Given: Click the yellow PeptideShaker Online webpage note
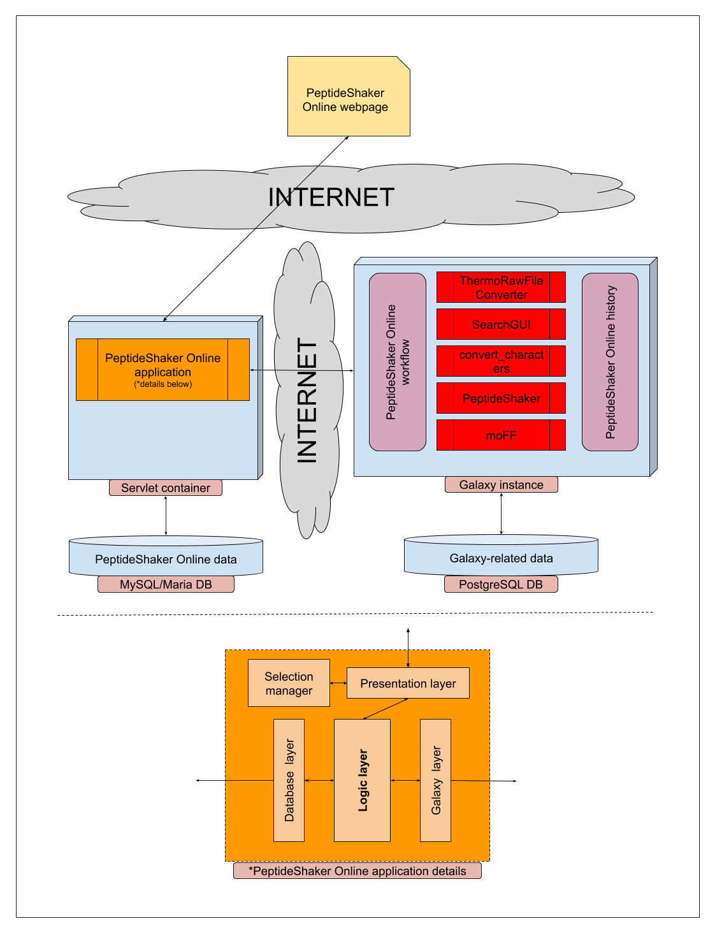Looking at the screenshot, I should [348, 96].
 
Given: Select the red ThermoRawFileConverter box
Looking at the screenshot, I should [501, 287].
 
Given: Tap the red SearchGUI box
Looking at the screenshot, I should [501, 324].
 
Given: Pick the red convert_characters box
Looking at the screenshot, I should [501, 361].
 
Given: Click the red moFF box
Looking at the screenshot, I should [501, 435].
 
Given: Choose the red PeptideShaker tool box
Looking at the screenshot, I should [501, 398].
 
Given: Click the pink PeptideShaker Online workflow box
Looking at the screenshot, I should [398, 362].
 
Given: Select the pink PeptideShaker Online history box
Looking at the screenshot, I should [610, 362].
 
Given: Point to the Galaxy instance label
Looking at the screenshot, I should [501, 485].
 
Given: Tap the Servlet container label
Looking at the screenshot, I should [166, 488].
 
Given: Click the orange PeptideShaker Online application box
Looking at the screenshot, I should [162, 370].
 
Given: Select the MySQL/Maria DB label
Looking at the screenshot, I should [166, 584].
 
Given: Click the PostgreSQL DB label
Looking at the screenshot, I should [501, 584].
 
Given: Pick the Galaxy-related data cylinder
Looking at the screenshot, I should [501, 557].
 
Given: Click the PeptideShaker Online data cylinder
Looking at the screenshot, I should [166, 558].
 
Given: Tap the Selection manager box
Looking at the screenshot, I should [289, 683].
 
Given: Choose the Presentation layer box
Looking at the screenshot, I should [408, 683].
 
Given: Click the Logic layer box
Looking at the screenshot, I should [362, 780].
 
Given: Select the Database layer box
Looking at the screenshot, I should [289, 780].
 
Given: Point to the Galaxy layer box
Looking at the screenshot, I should [435, 780].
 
